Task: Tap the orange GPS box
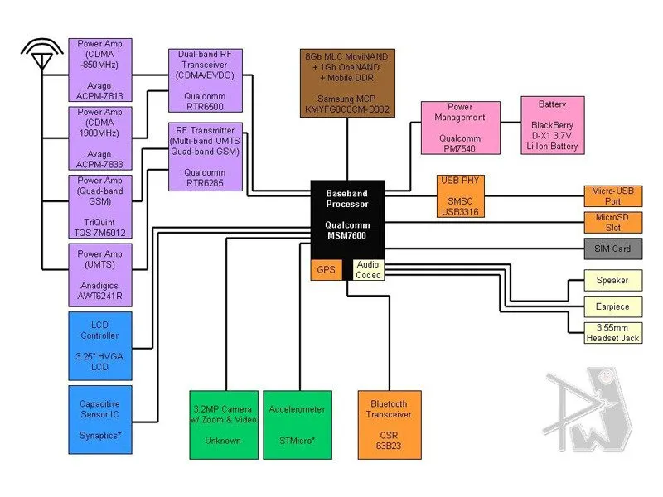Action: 325,269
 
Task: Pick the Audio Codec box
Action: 368,269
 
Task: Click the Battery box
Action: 552,125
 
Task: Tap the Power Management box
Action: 460,128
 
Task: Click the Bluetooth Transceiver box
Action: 390,424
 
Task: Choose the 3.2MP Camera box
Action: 224,424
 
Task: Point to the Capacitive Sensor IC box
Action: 99,419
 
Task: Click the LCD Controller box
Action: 99,341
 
